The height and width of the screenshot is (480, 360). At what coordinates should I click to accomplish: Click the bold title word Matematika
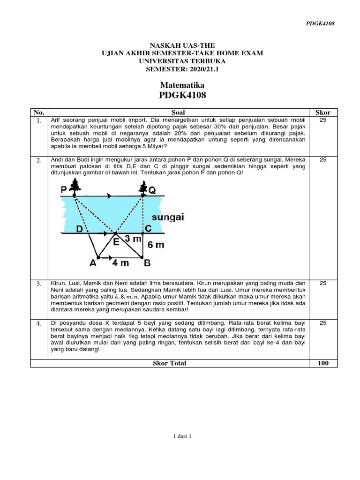[182, 85]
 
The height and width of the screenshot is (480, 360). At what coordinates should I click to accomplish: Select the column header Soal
[178, 112]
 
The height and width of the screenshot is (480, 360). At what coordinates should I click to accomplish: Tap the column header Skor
[323, 112]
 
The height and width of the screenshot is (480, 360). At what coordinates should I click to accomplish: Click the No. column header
[39, 112]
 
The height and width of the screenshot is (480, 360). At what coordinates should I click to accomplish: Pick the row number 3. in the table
[39, 284]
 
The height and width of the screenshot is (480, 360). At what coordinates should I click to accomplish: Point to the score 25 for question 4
[322, 322]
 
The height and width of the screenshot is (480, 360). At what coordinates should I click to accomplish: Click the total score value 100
[323, 363]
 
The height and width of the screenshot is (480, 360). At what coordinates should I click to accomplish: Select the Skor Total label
[170, 363]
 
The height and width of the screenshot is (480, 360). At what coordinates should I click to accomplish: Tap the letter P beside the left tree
[64, 190]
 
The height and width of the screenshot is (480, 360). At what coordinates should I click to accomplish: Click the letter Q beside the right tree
[152, 190]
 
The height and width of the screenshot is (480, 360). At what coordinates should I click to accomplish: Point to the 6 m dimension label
[156, 245]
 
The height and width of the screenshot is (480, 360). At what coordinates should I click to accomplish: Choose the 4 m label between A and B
[120, 263]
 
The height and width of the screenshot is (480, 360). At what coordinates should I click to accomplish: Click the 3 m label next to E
[133, 240]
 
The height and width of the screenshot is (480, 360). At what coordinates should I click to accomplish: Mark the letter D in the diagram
[79, 229]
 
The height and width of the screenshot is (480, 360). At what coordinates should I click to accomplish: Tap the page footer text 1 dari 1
[182, 436]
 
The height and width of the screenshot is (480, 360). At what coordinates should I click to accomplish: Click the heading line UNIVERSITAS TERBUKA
[182, 61]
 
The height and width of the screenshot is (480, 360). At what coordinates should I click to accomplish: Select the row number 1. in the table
[39, 121]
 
